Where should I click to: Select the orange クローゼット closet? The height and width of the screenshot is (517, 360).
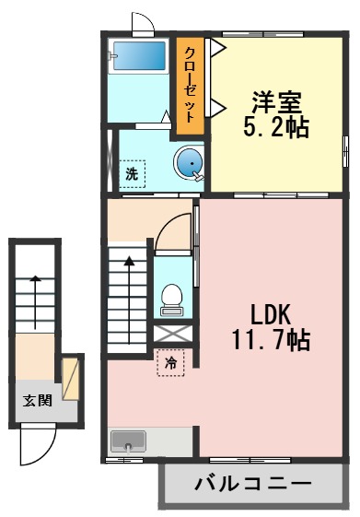[x=191, y=84]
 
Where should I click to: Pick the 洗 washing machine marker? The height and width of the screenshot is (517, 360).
[x=132, y=172]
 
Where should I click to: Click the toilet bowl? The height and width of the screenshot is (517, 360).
[x=171, y=297]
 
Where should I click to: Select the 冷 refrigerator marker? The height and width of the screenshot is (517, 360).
[x=170, y=363]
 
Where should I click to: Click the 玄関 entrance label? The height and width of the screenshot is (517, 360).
[x=38, y=400]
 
